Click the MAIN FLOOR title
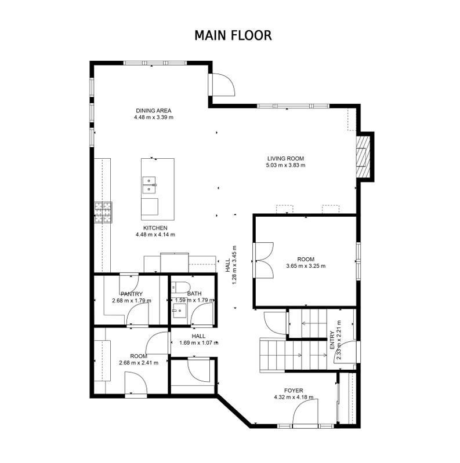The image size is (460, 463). tap(233, 35)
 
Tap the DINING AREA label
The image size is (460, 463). tap(153, 110)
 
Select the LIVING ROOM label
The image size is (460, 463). tap(285, 158)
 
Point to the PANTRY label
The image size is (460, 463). tap(132, 294)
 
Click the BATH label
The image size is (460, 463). tap(194, 294)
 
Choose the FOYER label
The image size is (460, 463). tap(294, 391)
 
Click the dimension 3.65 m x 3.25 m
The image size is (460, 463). tap(306, 266)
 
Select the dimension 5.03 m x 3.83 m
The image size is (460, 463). tap(285, 165)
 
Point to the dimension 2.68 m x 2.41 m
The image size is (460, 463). tap(139, 363)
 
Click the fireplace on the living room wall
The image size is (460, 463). tap(363, 156)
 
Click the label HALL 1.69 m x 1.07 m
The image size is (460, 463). tap(198, 339)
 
